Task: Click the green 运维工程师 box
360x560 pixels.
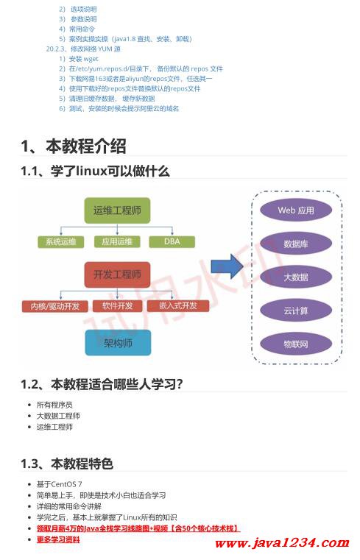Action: coord(117,211)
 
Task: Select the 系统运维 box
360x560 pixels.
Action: coord(61,241)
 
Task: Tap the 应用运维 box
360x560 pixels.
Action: coord(117,241)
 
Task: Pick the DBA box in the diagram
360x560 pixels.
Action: coord(172,241)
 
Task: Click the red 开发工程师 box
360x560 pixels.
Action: coord(117,274)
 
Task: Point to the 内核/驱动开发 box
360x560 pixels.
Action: coord(55,305)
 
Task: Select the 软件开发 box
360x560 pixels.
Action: coord(118,305)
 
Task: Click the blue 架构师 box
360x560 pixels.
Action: coord(117,342)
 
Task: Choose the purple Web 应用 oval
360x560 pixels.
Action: coord(295,210)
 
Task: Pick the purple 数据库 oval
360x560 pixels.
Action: coord(295,244)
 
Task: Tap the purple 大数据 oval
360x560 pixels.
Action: coord(295,277)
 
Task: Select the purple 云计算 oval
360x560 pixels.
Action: coord(295,311)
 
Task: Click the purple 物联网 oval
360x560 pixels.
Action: coord(295,344)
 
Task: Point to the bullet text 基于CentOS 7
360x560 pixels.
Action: coord(60,484)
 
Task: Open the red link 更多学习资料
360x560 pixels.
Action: coord(58,539)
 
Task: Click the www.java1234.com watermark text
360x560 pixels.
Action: coord(280,544)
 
